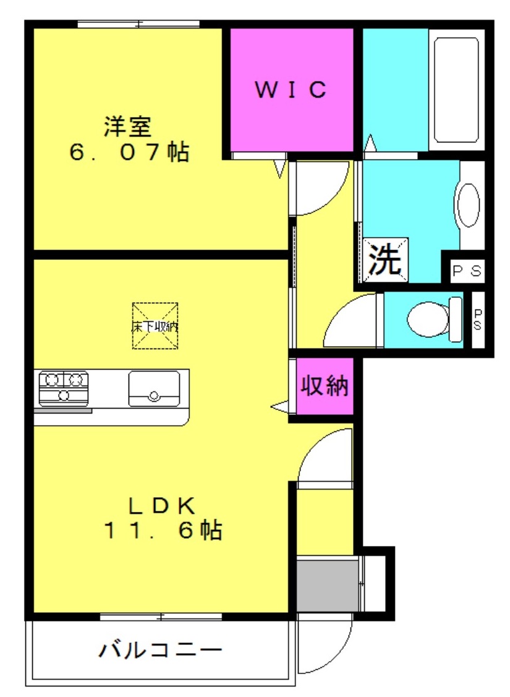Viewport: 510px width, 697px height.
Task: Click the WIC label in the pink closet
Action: coord(291,89)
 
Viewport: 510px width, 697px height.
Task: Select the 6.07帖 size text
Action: coord(129,152)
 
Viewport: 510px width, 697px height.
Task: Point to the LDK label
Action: coord(161,505)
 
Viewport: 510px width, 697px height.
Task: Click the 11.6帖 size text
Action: coord(163,530)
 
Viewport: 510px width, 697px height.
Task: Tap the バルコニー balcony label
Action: coord(159,651)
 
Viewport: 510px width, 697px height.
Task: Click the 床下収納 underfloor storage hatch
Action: coord(155,326)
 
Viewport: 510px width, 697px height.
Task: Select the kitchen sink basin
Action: coord(154,389)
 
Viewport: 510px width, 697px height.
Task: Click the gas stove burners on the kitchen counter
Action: coord(64,388)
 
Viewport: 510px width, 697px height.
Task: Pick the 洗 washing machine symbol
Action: coord(385,260)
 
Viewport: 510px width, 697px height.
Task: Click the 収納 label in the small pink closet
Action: coord(325,385)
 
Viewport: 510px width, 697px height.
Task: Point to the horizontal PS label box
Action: coord(467,271)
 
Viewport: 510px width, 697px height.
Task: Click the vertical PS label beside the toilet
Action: coord(478,319)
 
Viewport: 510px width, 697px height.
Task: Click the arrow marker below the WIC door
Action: coord(279,169)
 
